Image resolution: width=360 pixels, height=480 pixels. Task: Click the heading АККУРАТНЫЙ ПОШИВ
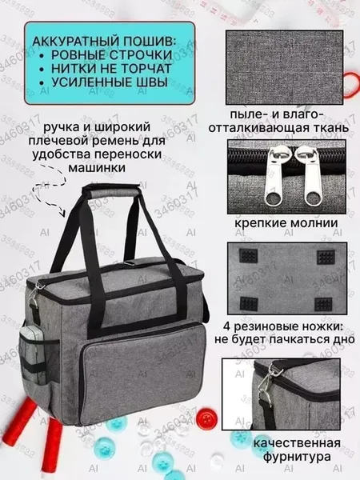pos(104,42)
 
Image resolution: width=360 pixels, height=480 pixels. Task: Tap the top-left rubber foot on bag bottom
pos(248,256)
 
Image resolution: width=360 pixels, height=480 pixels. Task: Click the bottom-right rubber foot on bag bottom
pos(323,305)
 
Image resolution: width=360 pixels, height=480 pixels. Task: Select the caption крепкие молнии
pos(286,222)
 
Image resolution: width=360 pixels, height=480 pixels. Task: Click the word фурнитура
pos(297,457)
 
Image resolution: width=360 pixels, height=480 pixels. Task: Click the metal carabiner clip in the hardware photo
pos(266,384)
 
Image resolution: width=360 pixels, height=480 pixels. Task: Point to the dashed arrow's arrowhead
pos(62,213)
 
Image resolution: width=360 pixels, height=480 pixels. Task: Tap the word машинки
pos(97,168)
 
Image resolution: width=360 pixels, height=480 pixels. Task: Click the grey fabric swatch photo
pos(284,67)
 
